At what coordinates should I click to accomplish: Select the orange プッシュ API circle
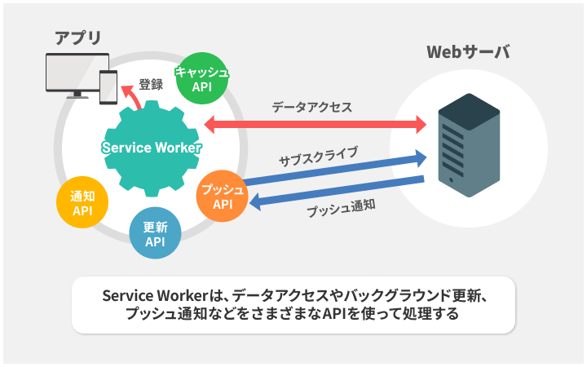223,197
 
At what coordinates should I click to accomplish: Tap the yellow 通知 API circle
82,203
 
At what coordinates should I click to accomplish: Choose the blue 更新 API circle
155,234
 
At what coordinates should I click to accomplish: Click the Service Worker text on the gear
151,148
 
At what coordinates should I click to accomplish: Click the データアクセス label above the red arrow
312,106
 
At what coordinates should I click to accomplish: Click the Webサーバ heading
469,54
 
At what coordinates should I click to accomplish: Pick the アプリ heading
78,38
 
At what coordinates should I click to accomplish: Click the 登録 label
151,84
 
